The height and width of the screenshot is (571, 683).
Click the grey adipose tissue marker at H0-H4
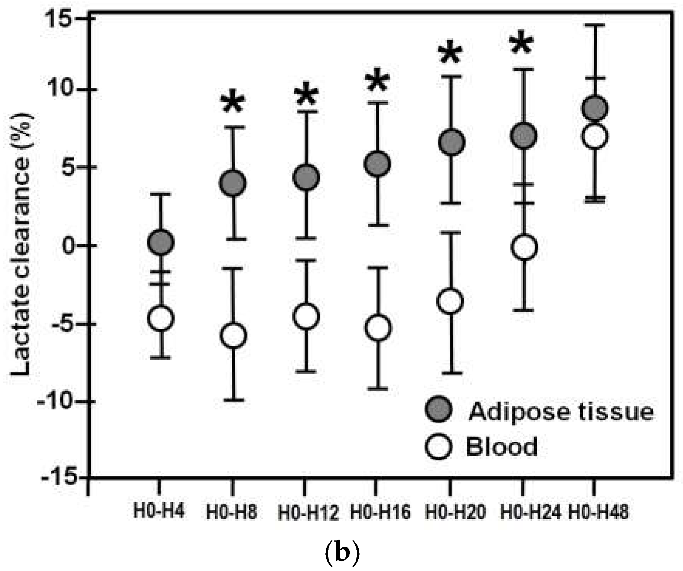pos(161,243)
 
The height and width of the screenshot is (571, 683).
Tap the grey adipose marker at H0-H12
pos(306,177)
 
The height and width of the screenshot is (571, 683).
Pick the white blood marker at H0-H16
pos(378,328)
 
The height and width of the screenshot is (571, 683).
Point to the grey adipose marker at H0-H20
pos(452,142)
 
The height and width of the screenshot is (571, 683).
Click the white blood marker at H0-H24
pos(524,247)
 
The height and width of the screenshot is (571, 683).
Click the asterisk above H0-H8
pos(233,103)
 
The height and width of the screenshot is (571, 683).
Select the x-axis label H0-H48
pos(598,513)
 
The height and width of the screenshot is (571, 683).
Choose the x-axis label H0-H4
pos(159,511)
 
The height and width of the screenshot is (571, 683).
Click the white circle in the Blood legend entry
pos(438,447)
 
